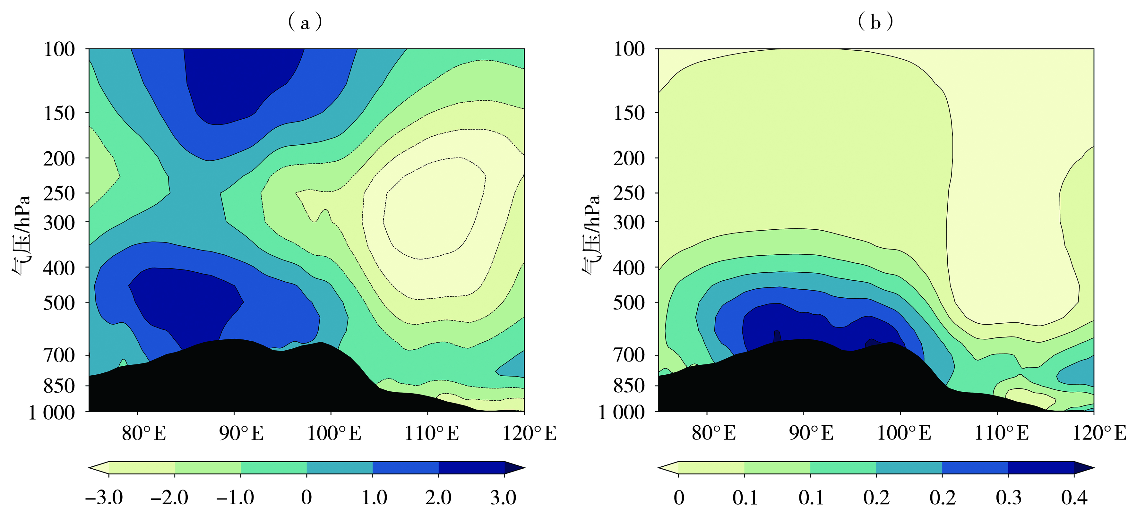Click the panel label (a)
pyautogui.click(x=305, y=21)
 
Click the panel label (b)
pyautogui.click(x=875, y=21)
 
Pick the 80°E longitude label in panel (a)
pyautogui.click(x=144, y=433)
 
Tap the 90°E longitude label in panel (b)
pyautogui.click(x=811, y=433)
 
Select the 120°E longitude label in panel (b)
pyautogui.click(x=1099, y=433)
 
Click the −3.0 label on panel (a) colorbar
pyautogui.click(x=104, y=498)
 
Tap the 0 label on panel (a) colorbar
pyautogui.click(x=306, y=498)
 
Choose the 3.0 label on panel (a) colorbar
pyautogui.click(x=503, y=498)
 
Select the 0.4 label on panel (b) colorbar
pyautogui.click(x=1074, y=498)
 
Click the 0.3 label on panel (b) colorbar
pyautogui.click(x=1009, y=498)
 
